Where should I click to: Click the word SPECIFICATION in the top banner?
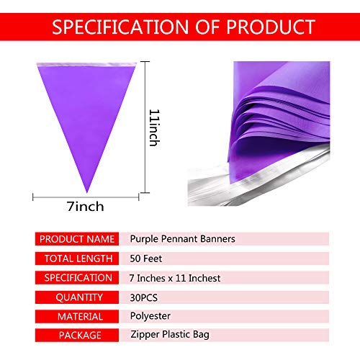[x=112, y=28]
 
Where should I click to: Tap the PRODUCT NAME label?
[x=76, y=238]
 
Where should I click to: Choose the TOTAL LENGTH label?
[x=76, y=258]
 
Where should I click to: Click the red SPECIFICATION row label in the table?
[x=76, y=277]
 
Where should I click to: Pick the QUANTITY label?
[x=76, y=297]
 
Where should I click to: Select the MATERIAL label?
[x=76, y=316]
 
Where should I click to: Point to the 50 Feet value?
[x=146, y=258]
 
